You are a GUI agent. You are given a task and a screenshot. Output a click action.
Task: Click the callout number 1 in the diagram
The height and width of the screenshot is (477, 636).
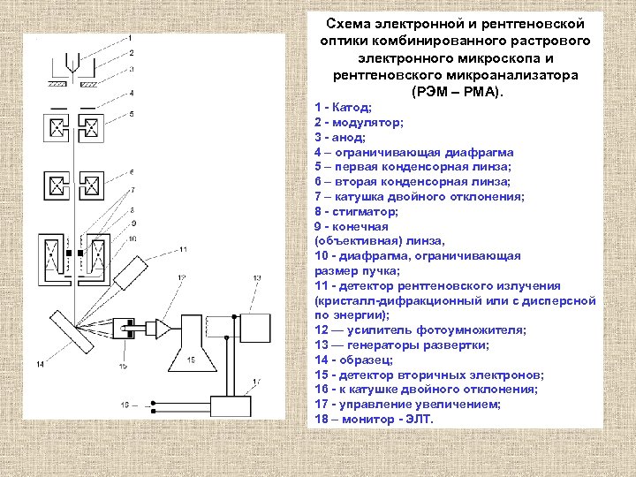click(x=131, y=37)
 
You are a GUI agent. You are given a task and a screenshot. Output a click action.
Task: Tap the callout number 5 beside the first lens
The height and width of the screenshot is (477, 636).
click(x=131, y=115)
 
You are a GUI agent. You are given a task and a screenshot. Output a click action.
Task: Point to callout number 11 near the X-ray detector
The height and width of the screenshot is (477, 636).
click(x=183, y=250)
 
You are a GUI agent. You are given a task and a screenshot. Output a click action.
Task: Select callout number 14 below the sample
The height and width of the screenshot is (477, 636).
click(x=40, y=364)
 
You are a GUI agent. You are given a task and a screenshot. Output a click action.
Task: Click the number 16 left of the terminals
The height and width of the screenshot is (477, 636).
click(x=124, y=405)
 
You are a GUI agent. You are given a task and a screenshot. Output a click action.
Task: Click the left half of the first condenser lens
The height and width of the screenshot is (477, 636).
click(x=57, y=129)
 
